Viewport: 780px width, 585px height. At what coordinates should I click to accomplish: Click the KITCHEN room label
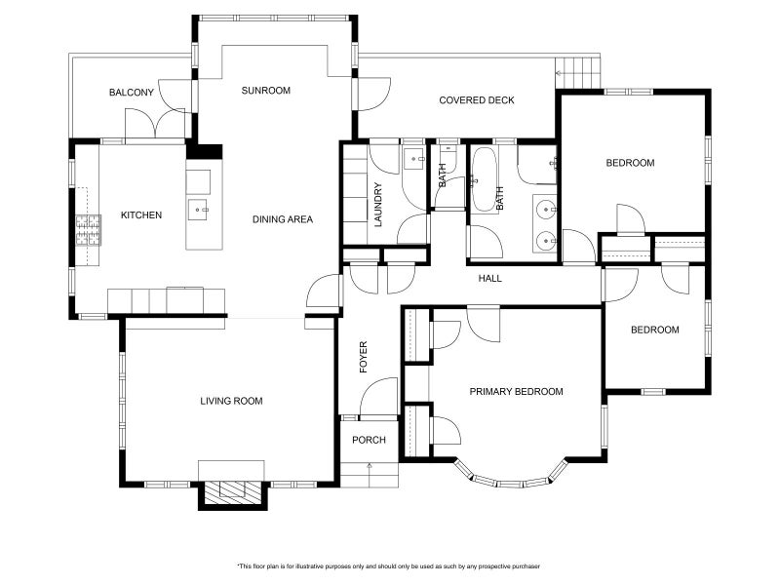141,214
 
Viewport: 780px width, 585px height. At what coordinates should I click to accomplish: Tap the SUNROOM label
265,91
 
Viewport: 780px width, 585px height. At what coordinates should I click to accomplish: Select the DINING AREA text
283,219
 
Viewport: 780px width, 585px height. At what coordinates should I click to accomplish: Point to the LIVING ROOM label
231,401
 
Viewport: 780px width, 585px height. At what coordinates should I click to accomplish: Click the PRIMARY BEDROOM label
517,392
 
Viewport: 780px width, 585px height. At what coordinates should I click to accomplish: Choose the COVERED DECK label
477,100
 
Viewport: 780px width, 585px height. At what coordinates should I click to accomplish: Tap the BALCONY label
132,93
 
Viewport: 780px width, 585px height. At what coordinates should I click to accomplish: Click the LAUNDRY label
378,205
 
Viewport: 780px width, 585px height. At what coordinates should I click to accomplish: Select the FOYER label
364,357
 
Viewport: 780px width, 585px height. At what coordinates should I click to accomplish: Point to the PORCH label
369,441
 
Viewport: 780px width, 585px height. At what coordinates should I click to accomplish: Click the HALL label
490,279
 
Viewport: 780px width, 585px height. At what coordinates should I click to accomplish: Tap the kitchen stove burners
89,230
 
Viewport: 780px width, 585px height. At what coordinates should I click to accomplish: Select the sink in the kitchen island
199,210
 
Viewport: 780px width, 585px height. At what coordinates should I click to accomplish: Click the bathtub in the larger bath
484,180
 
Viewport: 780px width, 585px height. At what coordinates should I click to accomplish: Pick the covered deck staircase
577,73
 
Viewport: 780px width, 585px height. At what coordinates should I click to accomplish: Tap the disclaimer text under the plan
389,566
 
